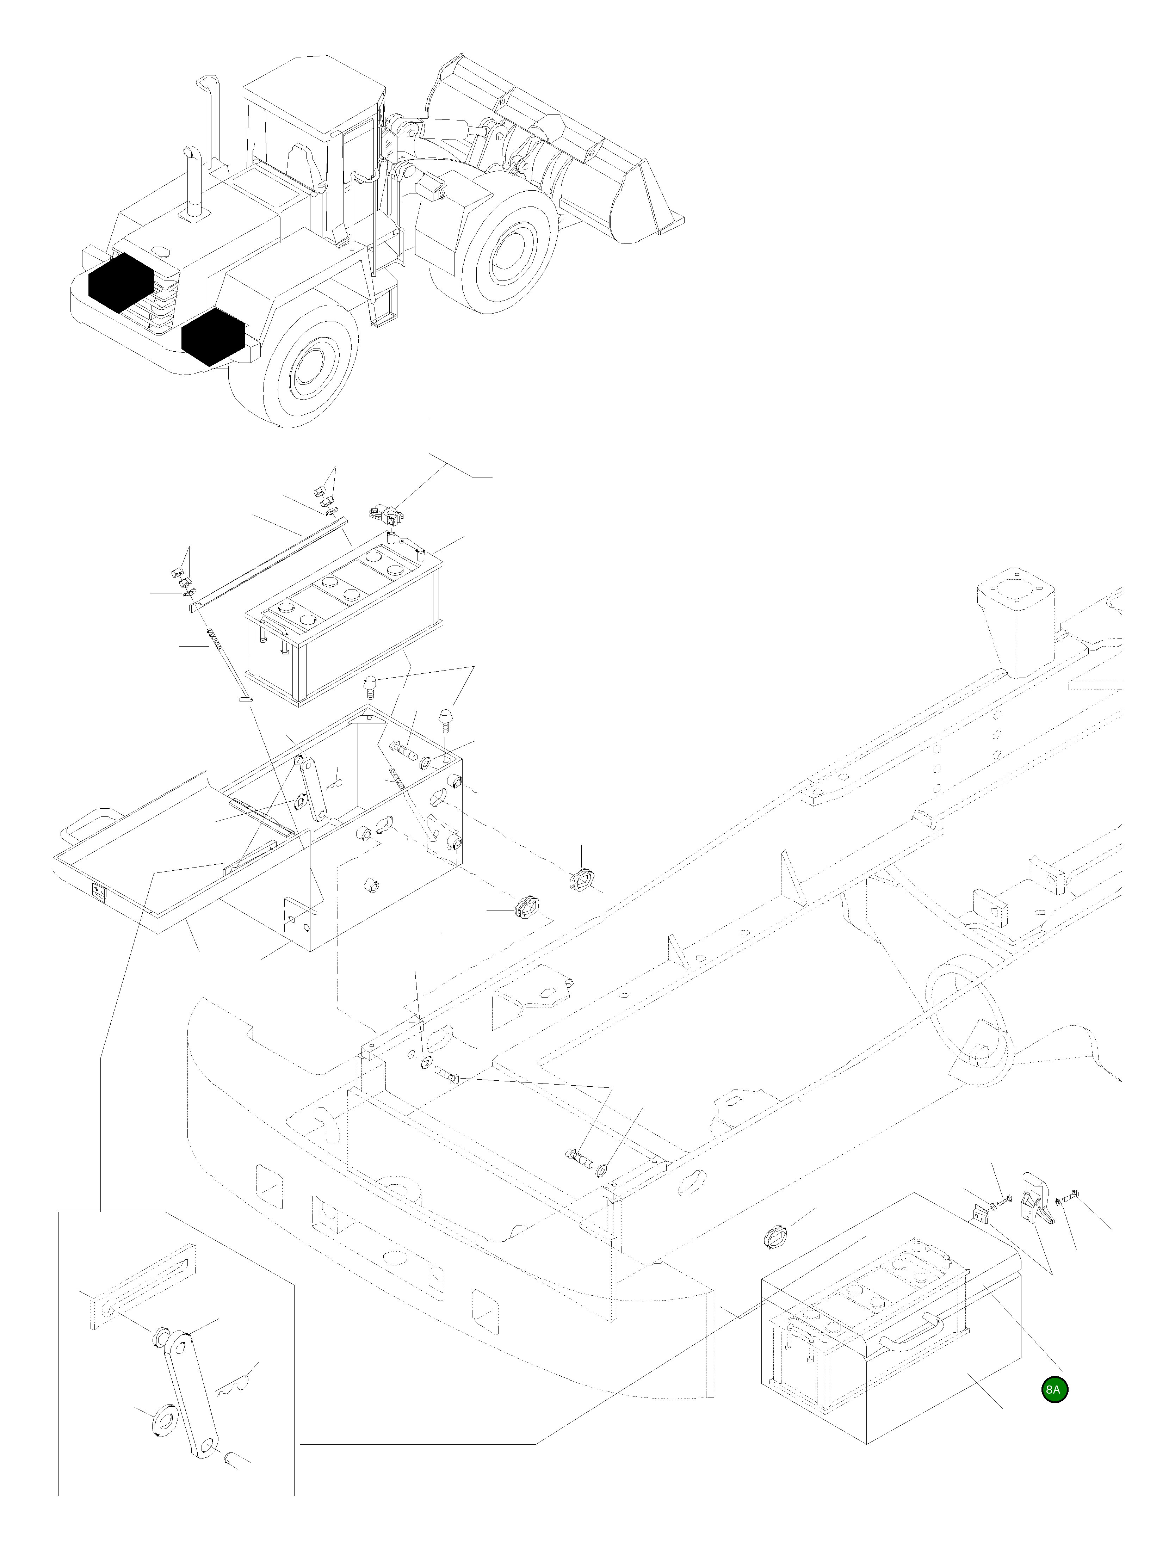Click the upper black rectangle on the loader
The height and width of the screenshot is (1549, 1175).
[x=120, y=282]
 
